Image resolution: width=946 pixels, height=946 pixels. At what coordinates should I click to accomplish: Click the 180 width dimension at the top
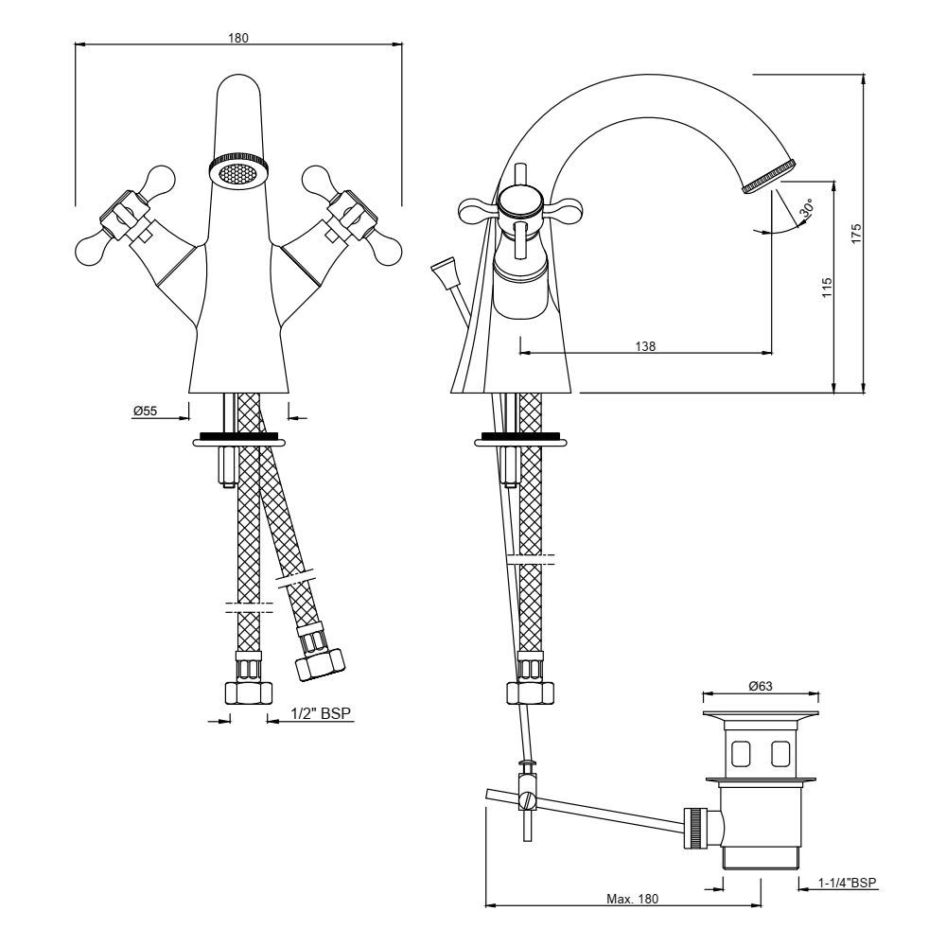pos(237,37)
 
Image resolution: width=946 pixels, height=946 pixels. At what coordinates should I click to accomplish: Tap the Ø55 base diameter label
pos(145,411)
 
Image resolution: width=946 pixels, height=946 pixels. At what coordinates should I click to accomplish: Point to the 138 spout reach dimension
pos(644,347)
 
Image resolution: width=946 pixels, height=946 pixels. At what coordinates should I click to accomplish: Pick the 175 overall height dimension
pos(855,233)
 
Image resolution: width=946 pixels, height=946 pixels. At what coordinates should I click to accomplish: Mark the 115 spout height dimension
pos(827,288)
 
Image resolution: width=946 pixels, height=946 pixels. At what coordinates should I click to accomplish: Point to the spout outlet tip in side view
pos(765,178)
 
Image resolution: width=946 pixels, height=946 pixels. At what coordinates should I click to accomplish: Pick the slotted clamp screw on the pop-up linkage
pos(528,801)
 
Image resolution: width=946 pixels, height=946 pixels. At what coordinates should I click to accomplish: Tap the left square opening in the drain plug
pos(742,754)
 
